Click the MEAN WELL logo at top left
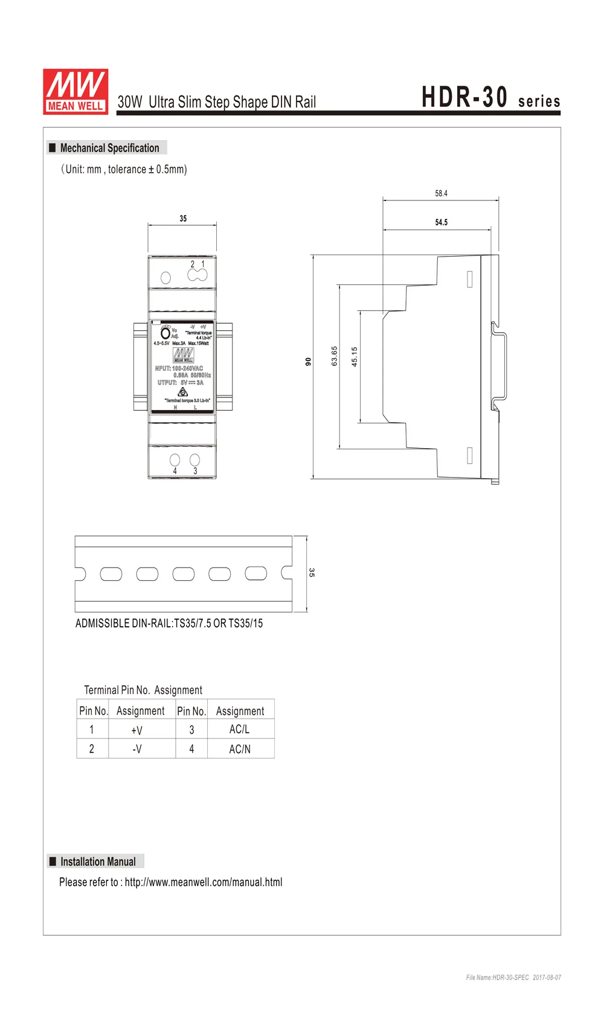pyautogui.click(x=75, y=91)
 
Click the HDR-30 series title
pyautogui.click(x=490, y=98)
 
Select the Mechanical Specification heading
pyautogui.click(x=109, y=148)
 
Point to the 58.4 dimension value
pyautogui.click(x=441, y=193)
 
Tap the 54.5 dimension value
pyautogui.click(x=442, y=222)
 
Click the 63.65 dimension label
pyautogui.click(x=335, y=356)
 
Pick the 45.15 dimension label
pyautogui.click(x=355, y=356)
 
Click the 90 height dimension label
pyautogui.click(x=308, y=361)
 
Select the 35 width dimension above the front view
pyautogui.click(x=183, y=219)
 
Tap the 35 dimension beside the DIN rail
pyautogui.click(x=312, y=572)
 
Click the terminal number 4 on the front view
pyautogui.click(x=175, y=471)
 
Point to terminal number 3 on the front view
pyautogui.click(x=195, y=471)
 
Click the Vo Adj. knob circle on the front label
pyautogui.click(x=165, y=333)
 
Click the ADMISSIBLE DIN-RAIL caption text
pyautogui.click(x=169, y=623)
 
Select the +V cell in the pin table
pyautogui.click(x=137, y=730)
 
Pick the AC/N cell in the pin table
pyautogui.click(x=240, y=749)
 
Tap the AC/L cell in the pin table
pyautogui.click(x=239, y=730)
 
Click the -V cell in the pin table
pyautogui.click(x=137, y=749)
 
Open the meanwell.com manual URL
pyautogui.click(x=204, y=882)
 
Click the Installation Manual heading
pyautogui.click(x=98, y=862)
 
